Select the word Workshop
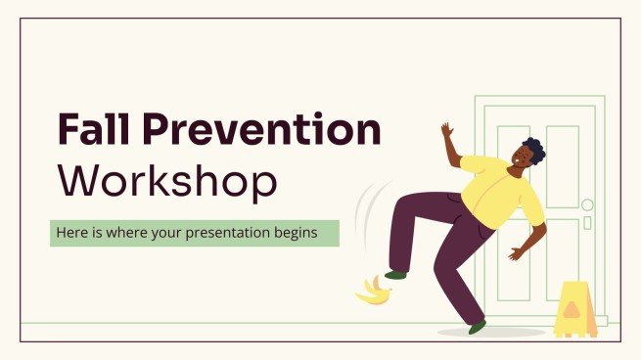coord(166,181)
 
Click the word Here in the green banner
coord(70,233)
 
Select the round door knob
coord(587,204)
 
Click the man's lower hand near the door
coord(516,254)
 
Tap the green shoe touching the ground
coord(477,326)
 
